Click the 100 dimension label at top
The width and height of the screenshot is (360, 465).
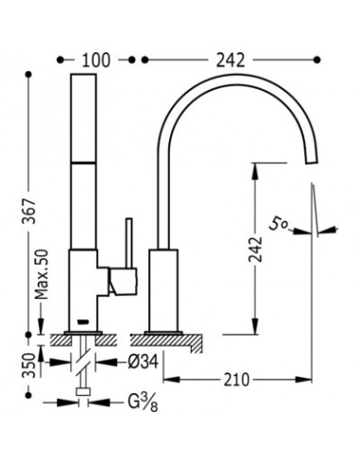click(96, 60)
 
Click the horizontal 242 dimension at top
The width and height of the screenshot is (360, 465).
click(231, 60)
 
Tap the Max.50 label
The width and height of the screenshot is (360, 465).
click(42, 274)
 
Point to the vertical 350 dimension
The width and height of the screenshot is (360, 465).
click(29, 366)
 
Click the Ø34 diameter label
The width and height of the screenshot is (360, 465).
click(143, 362)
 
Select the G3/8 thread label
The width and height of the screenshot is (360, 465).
click(143, 403)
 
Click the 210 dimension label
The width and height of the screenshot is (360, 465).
click(236, 380)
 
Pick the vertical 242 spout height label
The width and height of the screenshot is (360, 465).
click(255, 249)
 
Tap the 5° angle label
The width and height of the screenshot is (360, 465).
click(279, 224)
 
